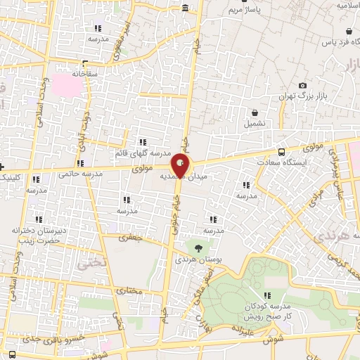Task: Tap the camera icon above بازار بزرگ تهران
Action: (302, 84)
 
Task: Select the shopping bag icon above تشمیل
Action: (255, 112)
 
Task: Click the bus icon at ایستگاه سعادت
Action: (282, 151)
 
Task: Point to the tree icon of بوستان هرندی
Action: (198, 248)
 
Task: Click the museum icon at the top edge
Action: (184, 8)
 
